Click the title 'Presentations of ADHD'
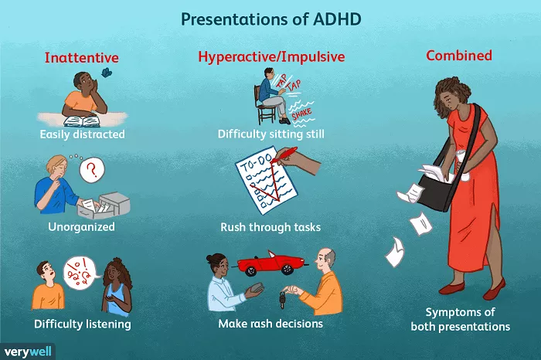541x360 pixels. click(270, 19)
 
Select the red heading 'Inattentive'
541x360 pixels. click(81, 57)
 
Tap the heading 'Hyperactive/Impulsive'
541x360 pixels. click(271, 56)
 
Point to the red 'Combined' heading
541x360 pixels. click(459, 55)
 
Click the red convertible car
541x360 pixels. click(272, 263)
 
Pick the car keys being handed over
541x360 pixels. click(283, 299)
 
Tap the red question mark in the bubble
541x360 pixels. click(92, 169)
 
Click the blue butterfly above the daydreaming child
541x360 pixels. click(106, 72)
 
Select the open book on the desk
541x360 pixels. click(82, 121)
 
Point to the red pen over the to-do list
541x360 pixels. click(284, 155)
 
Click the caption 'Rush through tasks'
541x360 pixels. click(270, 227)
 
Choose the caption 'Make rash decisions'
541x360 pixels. click(270, 324)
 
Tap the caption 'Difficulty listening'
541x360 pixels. click(83, 324)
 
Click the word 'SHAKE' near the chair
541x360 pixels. click(302, 114)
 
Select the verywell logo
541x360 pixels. click(28, 352)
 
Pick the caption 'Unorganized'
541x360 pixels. click(81, 226)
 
